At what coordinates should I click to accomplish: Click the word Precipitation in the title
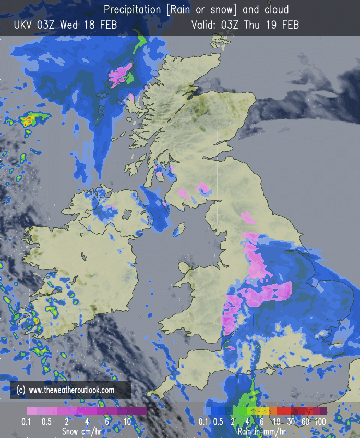[x=131, y=10]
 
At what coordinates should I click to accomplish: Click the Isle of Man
[x=179, y=229]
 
